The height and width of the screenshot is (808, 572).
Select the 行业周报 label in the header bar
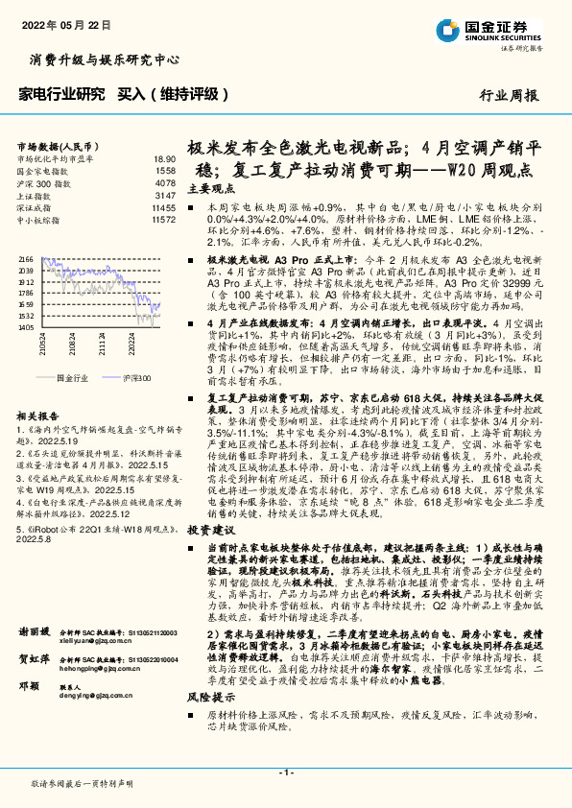508,95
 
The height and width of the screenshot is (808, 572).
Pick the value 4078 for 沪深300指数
165,182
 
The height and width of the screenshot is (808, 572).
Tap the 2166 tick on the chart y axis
26,259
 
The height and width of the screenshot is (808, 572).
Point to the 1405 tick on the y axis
26,327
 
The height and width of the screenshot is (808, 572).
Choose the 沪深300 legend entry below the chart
137,378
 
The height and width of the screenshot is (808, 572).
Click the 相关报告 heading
38,416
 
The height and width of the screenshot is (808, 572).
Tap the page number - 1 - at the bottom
285,772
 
